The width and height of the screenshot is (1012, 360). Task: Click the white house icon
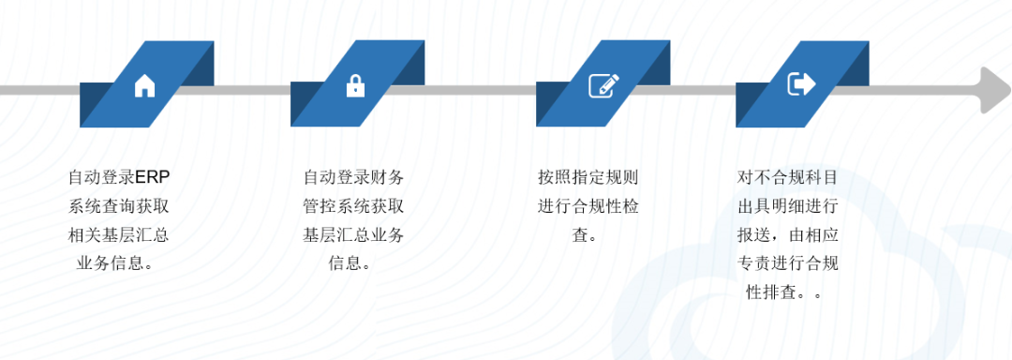click(144, 86)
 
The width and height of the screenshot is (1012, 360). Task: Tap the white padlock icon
click(354, 86)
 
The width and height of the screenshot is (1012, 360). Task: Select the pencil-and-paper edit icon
click(603, 85)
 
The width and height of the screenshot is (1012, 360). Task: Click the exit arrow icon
click(801, 83)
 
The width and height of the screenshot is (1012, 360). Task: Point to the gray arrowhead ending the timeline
click(993, 89)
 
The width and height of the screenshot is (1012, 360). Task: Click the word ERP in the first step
click(154, 177)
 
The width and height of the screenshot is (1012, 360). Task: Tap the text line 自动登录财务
click(353, 177)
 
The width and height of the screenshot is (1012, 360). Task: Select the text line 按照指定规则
click(588, 177)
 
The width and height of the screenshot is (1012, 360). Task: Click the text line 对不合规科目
click(787, 177)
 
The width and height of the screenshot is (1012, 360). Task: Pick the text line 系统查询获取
click(118, 206)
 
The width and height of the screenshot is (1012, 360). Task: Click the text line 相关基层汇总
click(118, 234)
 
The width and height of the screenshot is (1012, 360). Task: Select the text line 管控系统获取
click(353, 206)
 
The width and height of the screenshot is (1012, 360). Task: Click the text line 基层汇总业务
click(353, 234)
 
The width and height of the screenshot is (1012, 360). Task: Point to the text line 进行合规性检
click(588, 206)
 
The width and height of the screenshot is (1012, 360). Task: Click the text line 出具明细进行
click(787, 206)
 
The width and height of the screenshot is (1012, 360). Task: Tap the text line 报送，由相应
click(787, 234)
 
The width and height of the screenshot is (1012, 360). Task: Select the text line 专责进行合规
click(787, 262)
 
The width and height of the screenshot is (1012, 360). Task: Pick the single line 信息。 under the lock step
click(351, 262)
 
